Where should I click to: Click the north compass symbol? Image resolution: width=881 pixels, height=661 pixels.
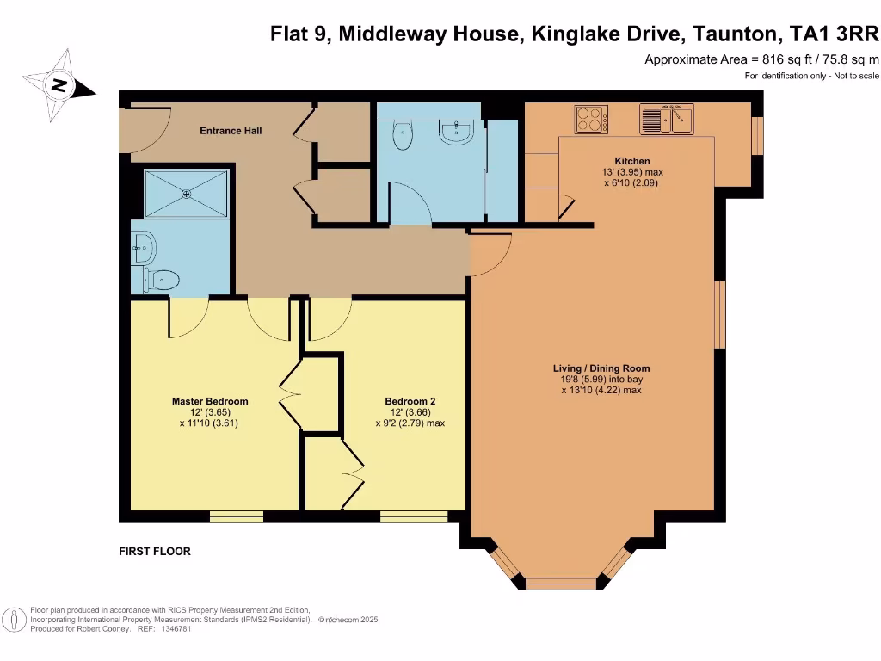coord(59,85)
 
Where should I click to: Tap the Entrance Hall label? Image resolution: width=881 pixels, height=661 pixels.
coord(231,131)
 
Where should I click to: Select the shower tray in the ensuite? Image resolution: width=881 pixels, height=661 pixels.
coord(186,194)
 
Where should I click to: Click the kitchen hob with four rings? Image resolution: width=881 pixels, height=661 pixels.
coord(591,119)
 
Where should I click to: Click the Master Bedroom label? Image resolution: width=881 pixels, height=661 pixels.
coord(210,401)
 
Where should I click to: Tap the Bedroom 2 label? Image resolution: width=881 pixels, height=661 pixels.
coord(410,401)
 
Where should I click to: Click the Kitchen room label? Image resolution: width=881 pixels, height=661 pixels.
coord(631,161)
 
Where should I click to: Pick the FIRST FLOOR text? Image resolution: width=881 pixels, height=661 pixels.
coord(155,552)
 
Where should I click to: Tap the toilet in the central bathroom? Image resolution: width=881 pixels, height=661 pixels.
coord(402,134)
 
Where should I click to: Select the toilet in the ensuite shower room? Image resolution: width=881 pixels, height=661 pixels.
coord(163,278)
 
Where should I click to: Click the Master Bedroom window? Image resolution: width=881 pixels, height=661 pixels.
coord(237,516)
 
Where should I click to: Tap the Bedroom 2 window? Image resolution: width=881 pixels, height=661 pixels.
coord(414,516)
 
